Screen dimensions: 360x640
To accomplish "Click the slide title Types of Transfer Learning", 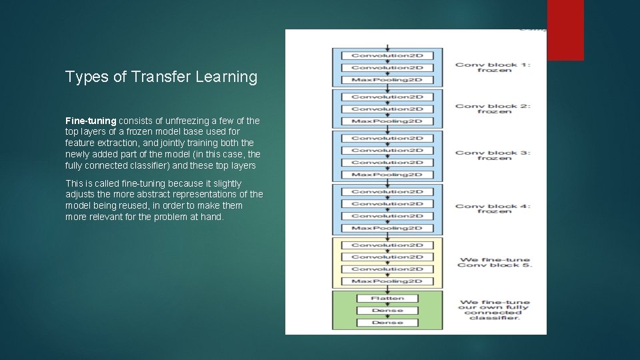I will click(x=161, y=77).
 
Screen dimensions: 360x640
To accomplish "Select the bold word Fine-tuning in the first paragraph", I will click(x=91, y=121).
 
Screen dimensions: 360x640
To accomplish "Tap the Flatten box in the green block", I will click(x=387, y=298).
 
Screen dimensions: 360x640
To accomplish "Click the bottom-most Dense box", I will click(x=387, y=323).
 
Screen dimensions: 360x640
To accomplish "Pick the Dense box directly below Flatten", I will click(x=387, y=311).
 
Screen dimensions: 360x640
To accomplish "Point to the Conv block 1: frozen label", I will click(x=493, y=67).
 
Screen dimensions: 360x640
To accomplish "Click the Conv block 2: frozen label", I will click(x=493, y=109).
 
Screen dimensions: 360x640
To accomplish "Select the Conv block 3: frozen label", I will click(x=493, y=156).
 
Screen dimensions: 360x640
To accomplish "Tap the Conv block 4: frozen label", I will click(x=493, y=209).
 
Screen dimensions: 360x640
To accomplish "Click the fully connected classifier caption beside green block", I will click(x=493, y=309).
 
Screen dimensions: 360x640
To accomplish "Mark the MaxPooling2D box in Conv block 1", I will click(x=387, y=80).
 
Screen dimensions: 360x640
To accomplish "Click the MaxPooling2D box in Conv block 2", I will click(x=387, y=121).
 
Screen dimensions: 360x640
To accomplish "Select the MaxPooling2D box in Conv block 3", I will click(x=387, y=175).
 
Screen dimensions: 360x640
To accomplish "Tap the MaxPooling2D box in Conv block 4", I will click(x=387, y=228).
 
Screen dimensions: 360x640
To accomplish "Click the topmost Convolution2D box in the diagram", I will click(x=387, y=55).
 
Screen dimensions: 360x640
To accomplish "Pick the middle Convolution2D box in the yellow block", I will click(x=387, y=257).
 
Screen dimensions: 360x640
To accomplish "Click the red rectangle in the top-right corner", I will click(x=565, y=30).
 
